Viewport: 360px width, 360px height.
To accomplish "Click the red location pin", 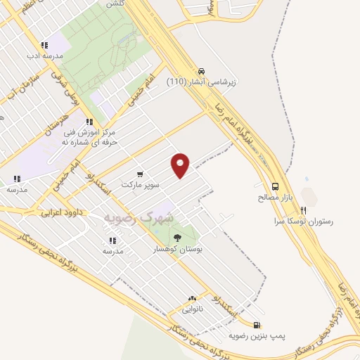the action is tap(181, 165).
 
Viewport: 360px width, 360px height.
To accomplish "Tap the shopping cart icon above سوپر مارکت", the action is tap(141, 174).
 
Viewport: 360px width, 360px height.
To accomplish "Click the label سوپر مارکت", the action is tap(141, 184).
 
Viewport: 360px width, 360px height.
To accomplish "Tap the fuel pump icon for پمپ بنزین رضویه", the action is tap(257, 325).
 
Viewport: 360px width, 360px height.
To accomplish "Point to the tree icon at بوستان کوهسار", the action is tap(176, 238).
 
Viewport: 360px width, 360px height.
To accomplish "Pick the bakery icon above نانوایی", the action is tap(191, 299).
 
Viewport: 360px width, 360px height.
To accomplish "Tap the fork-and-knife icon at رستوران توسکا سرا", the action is tap(304, 210).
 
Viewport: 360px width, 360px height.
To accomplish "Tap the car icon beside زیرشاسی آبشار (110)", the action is tap(202, 71).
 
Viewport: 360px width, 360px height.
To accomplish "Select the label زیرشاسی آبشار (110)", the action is tap(202, 82).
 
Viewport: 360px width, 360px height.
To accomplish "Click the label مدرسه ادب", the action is tap(46, 55).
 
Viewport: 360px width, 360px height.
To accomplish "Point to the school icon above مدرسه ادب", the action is tap(44, 44).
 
